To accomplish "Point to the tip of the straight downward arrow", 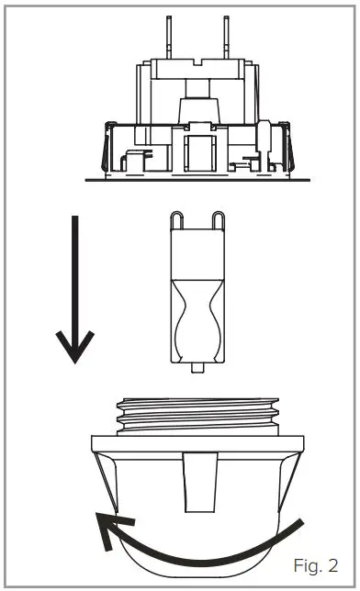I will tap(74, 362).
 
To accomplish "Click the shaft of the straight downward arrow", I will tap(74, 275).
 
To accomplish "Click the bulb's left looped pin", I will tap(174, 221).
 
